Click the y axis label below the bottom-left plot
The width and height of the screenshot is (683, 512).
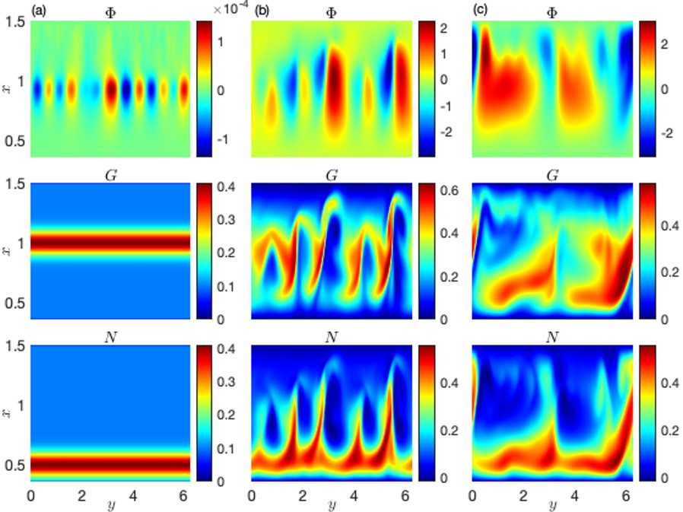pos(110,505)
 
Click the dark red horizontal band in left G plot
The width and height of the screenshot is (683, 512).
pos(110,244)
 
